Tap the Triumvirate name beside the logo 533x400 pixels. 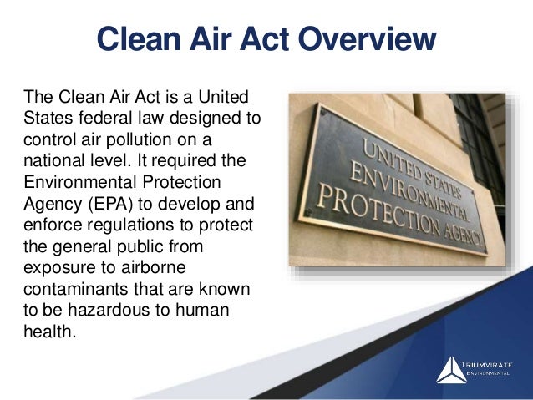click(x=493, y=366)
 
